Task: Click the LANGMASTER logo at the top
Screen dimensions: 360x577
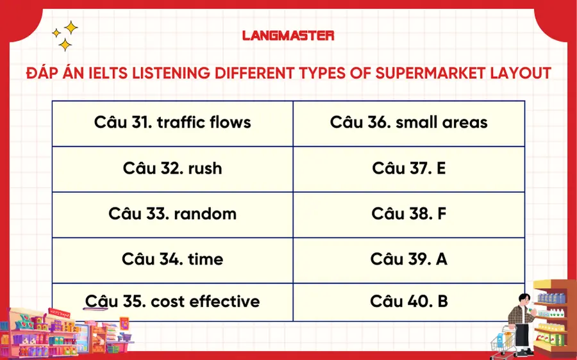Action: pos(288,35)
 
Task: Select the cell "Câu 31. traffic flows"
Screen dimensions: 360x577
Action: pos(172,122)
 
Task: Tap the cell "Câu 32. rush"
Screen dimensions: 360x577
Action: pos(172,168)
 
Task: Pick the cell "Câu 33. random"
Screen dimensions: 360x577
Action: pos(172,213)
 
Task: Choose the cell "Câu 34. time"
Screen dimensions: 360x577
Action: pos(172,259)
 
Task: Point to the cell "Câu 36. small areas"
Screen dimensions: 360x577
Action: pos(408,122)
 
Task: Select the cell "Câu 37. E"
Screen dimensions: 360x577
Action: pos(408,168)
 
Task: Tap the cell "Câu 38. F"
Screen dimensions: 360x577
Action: pos(408,213)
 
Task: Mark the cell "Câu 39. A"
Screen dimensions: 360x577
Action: pos(408,259)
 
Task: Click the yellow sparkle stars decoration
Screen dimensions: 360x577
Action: pos(65,36)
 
